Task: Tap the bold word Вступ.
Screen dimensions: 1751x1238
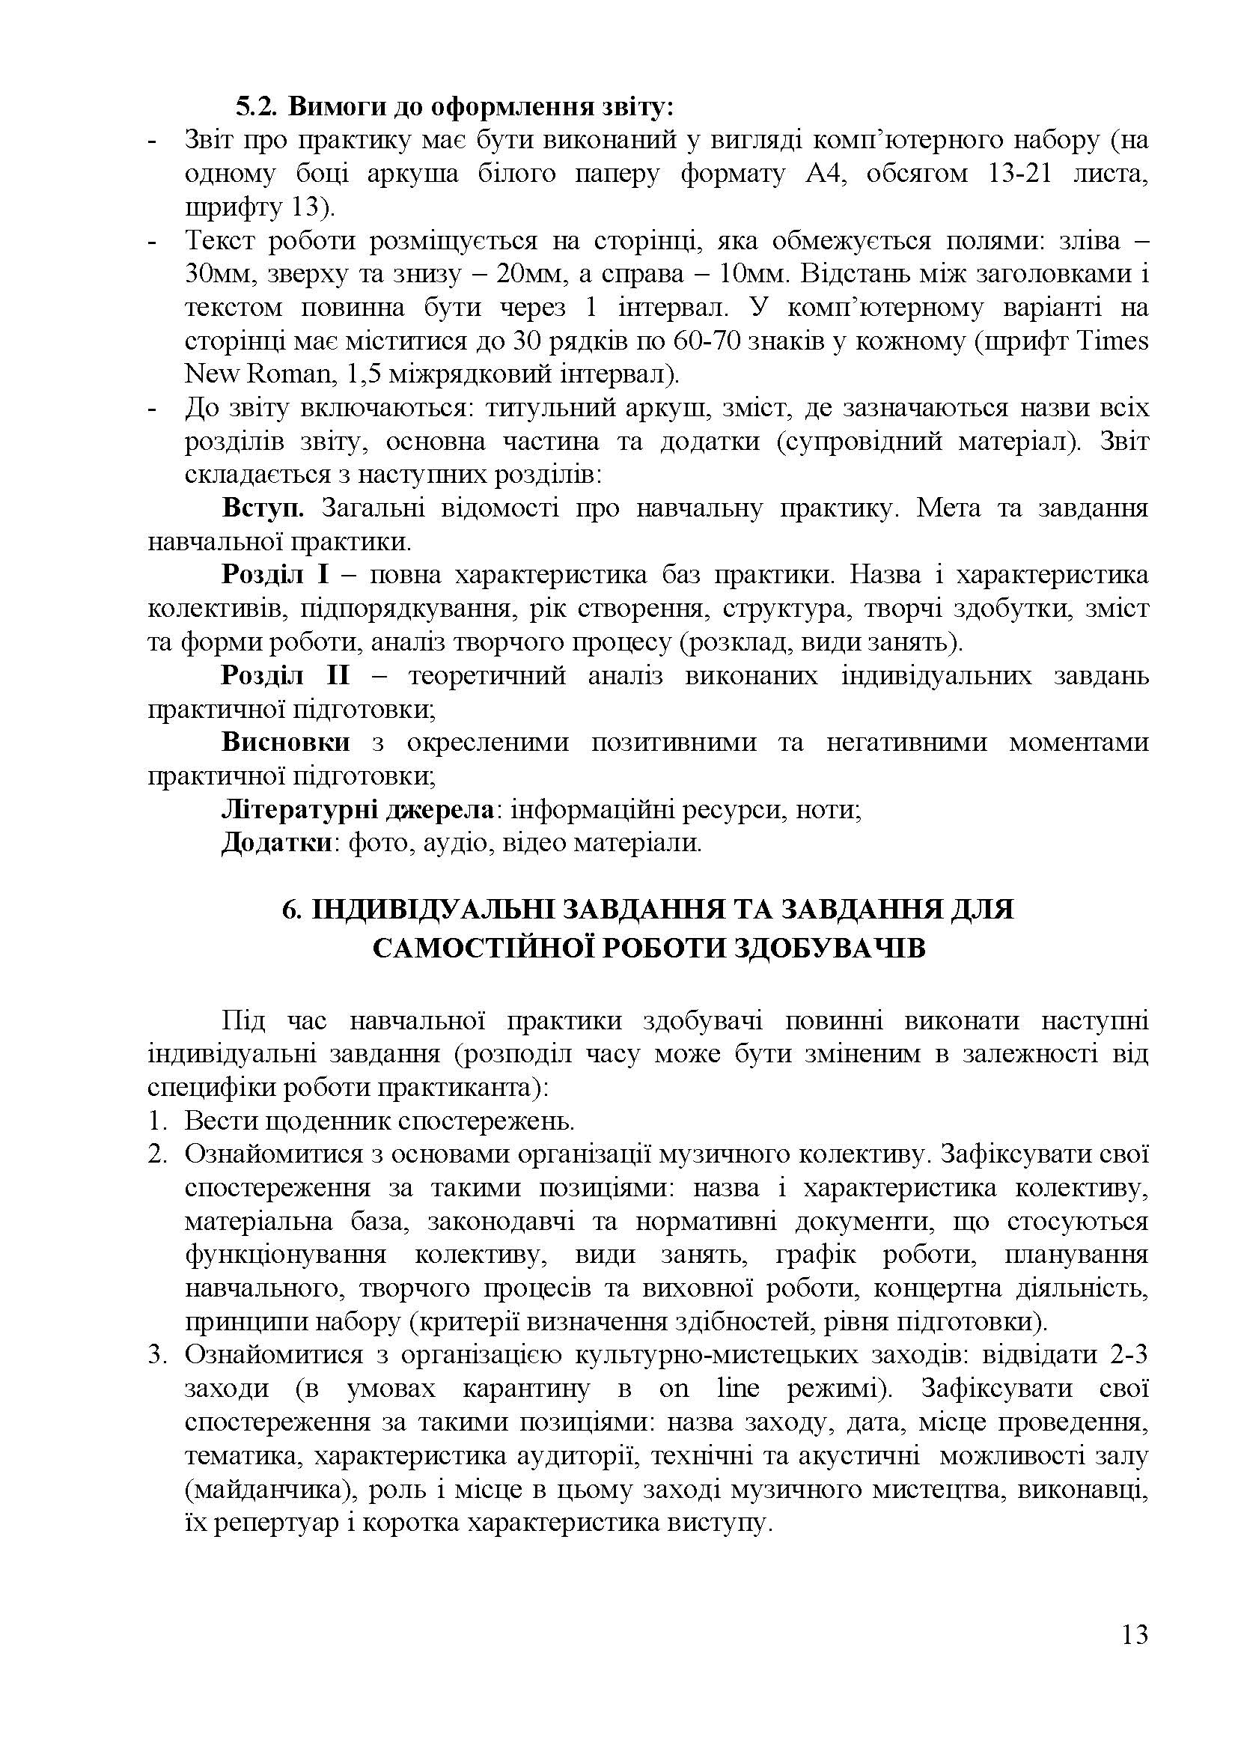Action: coord(263,508)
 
